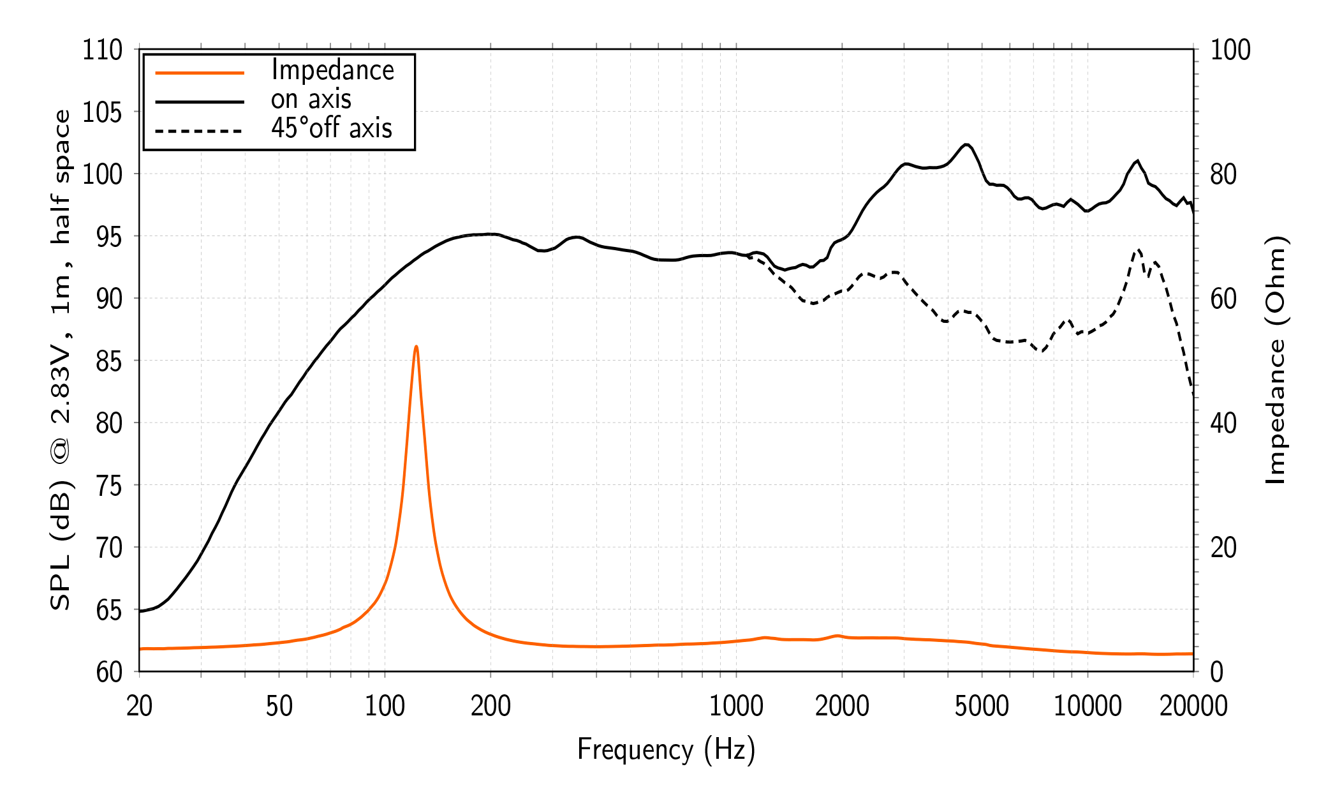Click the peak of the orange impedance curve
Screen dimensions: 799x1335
(416, 347)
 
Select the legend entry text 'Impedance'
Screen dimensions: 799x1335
(332, 70)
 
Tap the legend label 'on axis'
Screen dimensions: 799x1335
(311, 100)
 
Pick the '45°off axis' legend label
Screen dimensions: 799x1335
(332, 128)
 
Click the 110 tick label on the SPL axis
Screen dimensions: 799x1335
(102, 50)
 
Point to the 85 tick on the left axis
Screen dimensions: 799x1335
(108, 361)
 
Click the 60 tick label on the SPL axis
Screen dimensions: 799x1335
(108, 672)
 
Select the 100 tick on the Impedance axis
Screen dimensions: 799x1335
(1230, 50)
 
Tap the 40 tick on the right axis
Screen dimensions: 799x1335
(1223, 423)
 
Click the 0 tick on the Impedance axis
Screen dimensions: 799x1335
(1217, 672)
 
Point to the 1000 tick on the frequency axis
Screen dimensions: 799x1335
(736, 706)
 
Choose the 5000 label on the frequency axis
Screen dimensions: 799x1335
(982, 706)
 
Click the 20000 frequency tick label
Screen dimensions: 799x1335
(1193, 706)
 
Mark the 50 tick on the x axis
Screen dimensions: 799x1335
(279, 706)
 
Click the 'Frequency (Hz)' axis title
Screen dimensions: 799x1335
(666, 749)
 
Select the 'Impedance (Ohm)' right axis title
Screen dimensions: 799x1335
(1276, 360)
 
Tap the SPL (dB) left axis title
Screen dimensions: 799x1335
(61, 360)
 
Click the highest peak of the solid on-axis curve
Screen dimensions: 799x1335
(966, 144)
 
